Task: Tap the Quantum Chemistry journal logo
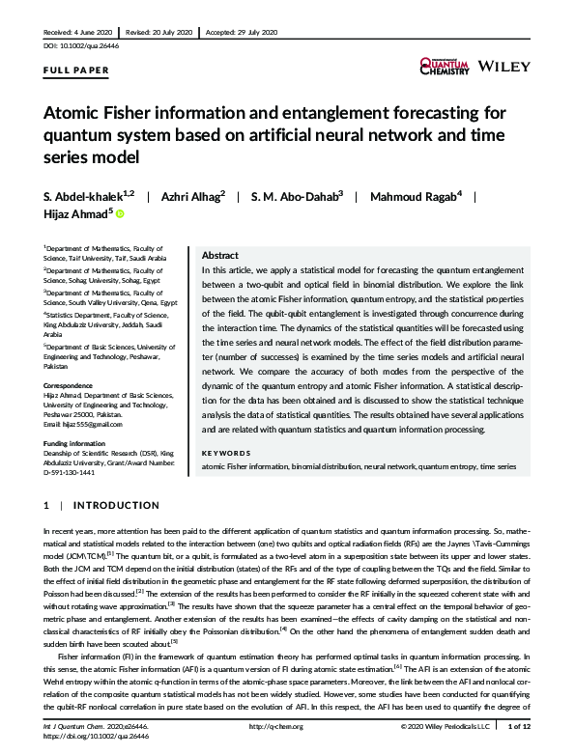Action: (445, 66)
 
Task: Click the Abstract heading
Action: (220, 256)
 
